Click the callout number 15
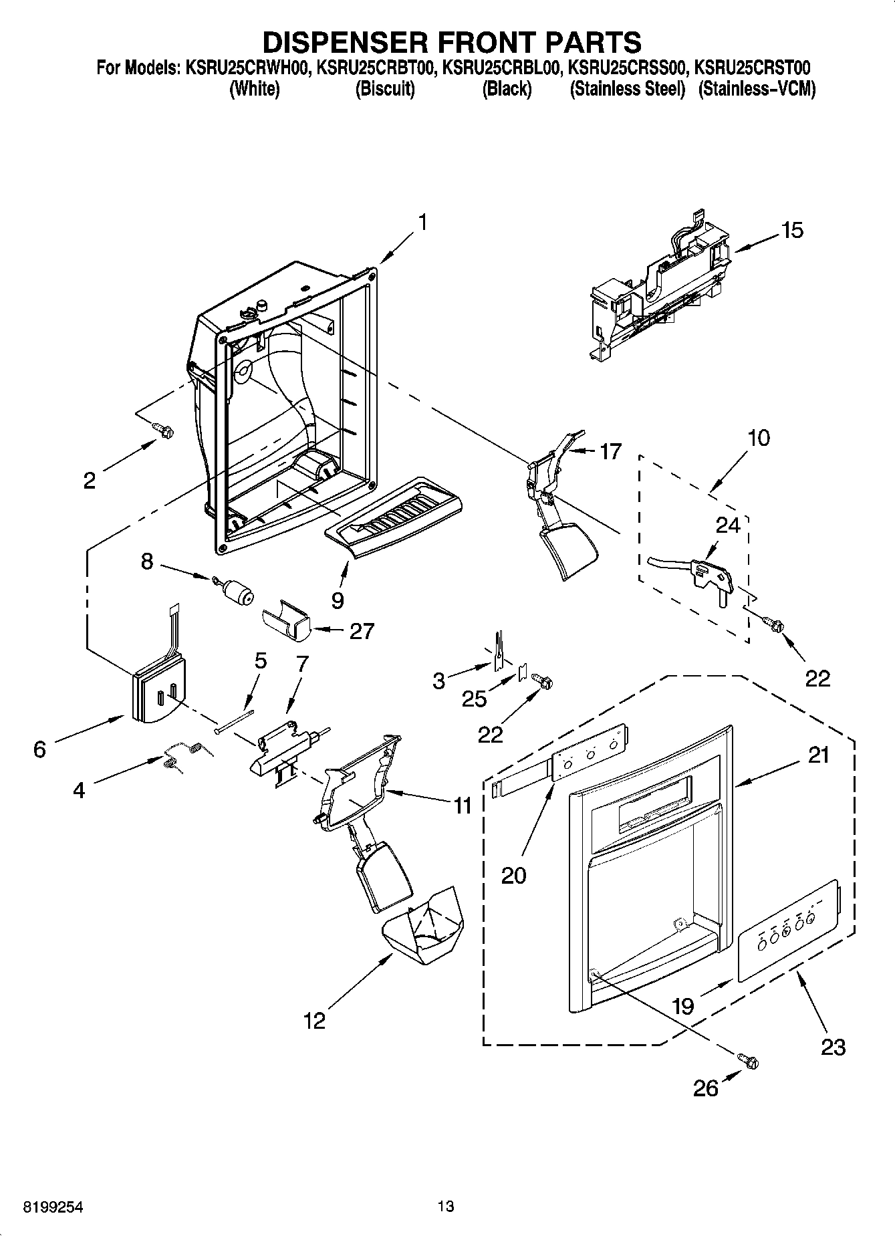pos(792,231)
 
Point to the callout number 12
pos(314,1021)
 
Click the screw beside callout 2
pos(162,430)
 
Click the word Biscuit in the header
pos(385,89)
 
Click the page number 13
pos(446,1207)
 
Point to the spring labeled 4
pos(182,755)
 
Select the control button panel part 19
pos(787,932)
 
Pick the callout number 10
pos(759,438)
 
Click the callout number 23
pos(833,1046)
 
